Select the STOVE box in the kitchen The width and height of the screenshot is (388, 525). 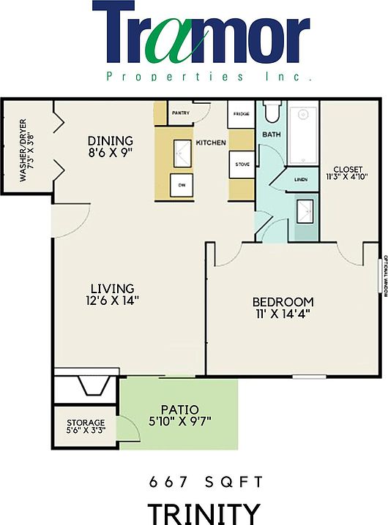click(242, 165)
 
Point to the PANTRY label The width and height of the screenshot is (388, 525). click(180, 114)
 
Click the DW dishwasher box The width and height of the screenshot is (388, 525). click(182, 186)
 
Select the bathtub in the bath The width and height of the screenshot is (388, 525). click(302, 137)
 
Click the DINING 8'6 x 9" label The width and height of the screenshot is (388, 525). click(111, 147)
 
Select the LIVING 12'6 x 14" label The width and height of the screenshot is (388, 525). click(111, 293)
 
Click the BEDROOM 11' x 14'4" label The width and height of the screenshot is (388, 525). click(283, 308)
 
